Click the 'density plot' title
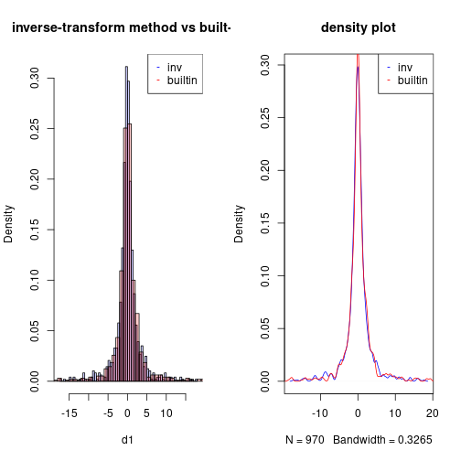359,28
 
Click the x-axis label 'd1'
127,440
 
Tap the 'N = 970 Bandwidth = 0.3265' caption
359,440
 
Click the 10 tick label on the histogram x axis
166,413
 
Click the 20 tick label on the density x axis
432,413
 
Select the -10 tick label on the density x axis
321,413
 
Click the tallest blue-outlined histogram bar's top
127,66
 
